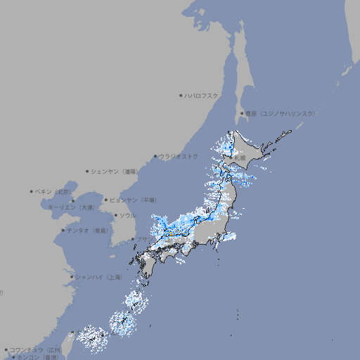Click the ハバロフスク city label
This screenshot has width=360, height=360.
[202, 95]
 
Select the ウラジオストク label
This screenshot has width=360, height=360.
[179, 156]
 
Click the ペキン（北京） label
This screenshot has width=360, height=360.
[53, 191]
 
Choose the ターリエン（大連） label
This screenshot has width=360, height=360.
[70, 207]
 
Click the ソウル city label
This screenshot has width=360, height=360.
[127, 216]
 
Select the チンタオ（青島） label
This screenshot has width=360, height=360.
[88, 231]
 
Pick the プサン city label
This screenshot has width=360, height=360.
[142, 240]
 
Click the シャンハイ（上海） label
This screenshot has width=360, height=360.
[98, 278]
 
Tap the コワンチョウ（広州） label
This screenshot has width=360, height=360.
[36, 349]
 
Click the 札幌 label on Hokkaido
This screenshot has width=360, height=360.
[240, 158]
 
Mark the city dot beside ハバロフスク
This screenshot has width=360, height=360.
[181, 95]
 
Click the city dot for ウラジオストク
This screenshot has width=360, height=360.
[155, 156]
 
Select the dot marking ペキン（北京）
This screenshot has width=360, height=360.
[32, 191]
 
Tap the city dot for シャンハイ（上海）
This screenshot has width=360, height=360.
[72, 277]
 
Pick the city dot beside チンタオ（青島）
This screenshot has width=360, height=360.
[63, 230]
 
